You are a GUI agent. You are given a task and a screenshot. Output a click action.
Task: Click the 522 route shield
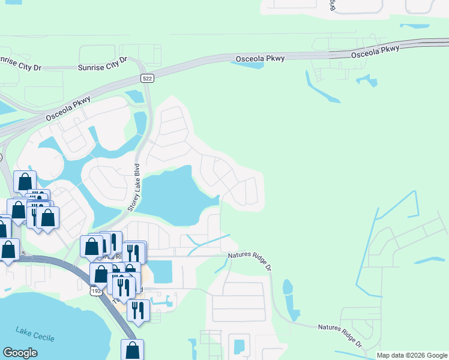point(147,79)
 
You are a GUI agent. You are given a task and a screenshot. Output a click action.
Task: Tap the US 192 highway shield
point(96,290)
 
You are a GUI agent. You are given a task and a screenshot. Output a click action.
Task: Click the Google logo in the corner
point(20,353)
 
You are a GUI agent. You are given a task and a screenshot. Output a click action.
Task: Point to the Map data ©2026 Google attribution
point(412,355)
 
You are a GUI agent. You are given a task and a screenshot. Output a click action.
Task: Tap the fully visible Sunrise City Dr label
point(103,64)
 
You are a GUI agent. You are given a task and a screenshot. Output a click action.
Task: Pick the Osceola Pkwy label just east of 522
point(259,58)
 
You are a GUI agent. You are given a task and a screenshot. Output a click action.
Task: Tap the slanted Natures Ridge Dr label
point(340,336)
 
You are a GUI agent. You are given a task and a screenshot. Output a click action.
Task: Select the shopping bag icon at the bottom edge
point(132,350)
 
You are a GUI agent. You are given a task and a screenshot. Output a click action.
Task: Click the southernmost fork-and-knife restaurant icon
point(138,310)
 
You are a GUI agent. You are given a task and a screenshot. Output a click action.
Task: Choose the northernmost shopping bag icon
point(25,181)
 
